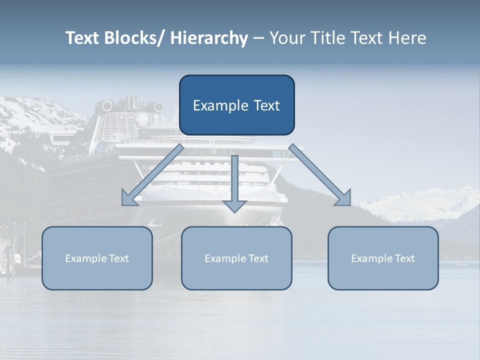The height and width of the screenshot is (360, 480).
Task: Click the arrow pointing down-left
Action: point(152,175)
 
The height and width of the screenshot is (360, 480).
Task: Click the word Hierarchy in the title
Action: point(209,38)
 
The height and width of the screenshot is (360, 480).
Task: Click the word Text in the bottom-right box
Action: point(404,258)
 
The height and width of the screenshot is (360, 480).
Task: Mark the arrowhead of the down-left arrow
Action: point(129,198)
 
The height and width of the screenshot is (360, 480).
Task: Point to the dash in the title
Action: point(258,38)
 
